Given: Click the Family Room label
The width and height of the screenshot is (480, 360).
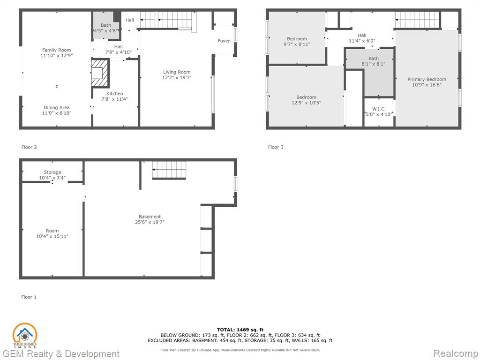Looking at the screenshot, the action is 57,50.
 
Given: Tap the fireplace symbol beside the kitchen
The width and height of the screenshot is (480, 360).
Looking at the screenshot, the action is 100,73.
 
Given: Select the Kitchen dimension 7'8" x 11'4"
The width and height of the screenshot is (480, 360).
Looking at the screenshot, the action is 115,99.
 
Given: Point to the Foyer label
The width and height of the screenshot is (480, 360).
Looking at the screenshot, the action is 224,41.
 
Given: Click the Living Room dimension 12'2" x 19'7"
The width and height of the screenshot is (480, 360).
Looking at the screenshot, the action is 177,78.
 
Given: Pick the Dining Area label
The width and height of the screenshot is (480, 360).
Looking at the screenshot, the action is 57,108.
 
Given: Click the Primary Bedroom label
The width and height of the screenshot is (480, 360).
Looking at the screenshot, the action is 427,80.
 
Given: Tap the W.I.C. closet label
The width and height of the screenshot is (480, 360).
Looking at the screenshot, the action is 379,109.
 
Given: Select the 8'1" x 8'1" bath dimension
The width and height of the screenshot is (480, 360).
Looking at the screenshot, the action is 374,64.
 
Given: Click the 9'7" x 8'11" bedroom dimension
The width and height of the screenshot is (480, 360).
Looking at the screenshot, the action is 297,45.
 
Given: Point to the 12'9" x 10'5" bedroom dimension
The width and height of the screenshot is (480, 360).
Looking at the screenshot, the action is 307,103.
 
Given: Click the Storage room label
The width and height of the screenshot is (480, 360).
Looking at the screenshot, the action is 52,172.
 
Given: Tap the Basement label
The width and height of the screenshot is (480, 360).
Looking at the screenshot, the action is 150,217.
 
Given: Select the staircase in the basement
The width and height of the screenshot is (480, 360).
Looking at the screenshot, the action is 169,170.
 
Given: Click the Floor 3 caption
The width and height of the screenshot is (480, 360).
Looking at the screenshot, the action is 276,147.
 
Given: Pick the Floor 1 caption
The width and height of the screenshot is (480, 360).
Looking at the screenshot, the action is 29,297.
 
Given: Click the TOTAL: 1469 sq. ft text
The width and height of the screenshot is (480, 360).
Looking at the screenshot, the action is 240,330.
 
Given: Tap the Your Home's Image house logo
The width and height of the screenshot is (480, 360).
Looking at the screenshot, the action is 25,336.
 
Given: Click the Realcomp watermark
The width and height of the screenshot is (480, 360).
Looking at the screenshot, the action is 455,353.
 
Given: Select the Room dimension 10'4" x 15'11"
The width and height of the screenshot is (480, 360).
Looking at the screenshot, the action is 52,236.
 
